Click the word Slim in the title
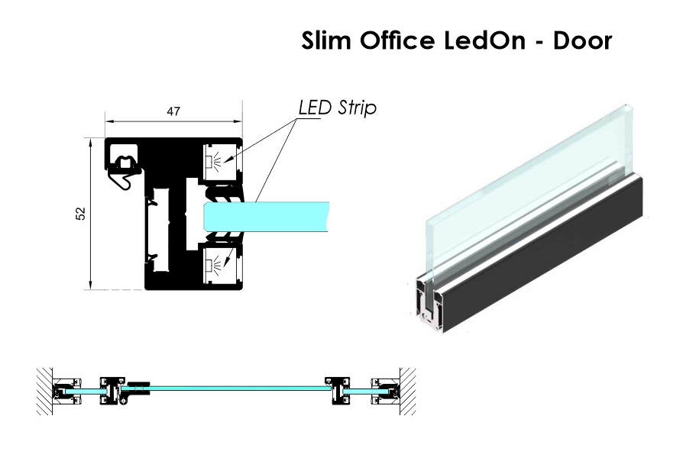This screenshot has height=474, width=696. click(325, 40)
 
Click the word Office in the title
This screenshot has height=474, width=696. click(397, 40)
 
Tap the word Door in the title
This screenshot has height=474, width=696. click(582, 40)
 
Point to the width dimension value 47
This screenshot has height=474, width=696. click(173, 111)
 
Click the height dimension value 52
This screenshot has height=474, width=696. click(81, 213)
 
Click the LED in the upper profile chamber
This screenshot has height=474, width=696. click(209, 160)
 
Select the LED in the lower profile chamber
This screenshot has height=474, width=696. click(209, 265)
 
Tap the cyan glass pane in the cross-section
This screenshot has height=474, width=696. click(267, 216)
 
